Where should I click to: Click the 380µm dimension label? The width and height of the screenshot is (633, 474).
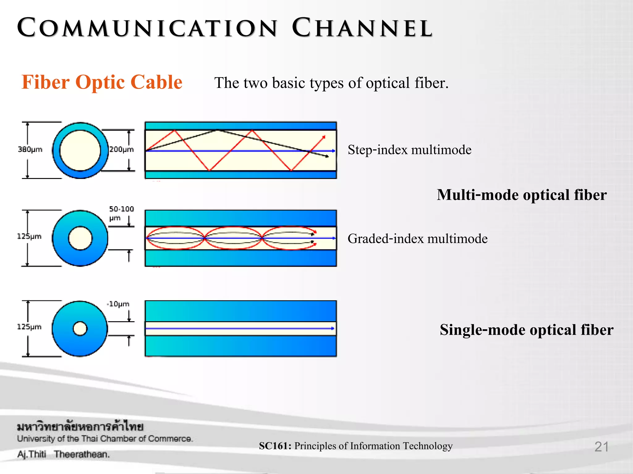(x=30, y=149)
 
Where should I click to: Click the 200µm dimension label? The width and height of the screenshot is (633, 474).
(x=121, y=149)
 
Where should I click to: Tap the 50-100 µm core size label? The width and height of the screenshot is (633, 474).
(x=121, y=213)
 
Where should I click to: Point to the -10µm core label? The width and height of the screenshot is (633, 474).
(x=118, y=304)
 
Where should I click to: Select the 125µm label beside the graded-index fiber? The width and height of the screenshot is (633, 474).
(x=29, y=236)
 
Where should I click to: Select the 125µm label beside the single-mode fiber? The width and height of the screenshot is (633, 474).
(x=29, y=327)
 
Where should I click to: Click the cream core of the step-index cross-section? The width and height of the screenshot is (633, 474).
(x=80, y=151)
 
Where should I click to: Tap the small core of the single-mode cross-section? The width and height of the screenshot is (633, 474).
(x=80, y=328)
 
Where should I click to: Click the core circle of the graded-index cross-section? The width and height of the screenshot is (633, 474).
(x=80, y=238)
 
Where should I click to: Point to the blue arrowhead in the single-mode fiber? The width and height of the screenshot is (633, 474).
(x=333, y=328)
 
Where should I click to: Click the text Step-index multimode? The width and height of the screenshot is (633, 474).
(x=409, y=150)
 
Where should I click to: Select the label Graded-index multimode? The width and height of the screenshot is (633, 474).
(x=417, y=239)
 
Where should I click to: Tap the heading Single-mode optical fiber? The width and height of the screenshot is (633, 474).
(x=526, y=330)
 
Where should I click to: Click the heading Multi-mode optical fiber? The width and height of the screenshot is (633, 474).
(x=521, y=195)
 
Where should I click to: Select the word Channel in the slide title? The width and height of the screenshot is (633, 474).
(x=362, y=28)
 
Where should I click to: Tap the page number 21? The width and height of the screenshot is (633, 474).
(x=601, y=447)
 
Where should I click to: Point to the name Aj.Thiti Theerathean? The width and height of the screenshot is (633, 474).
(x=63, y=454)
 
